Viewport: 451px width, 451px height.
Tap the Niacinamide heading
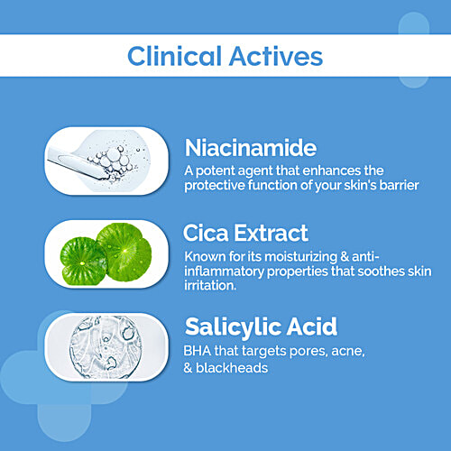tap(250, 147)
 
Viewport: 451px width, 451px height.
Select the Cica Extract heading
tap(246, 235)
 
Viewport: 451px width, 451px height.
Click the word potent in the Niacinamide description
tap(219, 170)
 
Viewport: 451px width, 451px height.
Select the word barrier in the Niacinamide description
tap(364, 186)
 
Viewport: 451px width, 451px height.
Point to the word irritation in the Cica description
tap(212, 286)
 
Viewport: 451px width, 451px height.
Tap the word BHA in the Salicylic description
tap(198, 349)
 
